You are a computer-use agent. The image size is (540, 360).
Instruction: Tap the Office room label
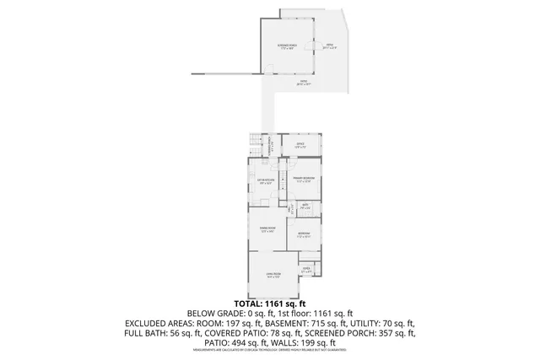(300, 145)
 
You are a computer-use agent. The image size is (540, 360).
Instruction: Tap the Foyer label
(307, 271)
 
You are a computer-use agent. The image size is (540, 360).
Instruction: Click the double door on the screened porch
(313, 46)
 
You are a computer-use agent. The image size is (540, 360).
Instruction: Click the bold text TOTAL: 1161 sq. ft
(269, 302)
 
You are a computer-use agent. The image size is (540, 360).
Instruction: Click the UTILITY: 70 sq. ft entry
(384, 323)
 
